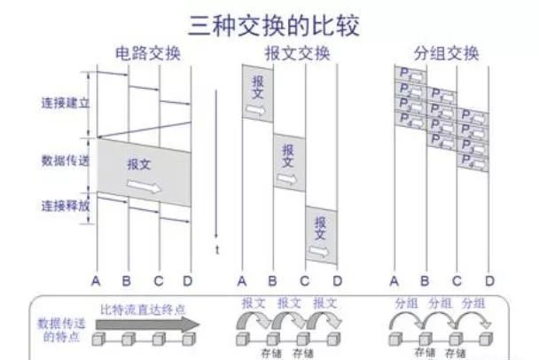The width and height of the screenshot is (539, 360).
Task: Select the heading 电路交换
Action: (x=148, y=53)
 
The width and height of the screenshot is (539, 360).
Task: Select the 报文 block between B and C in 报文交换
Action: (x=288, y=160)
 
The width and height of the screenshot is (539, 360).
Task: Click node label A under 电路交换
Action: (x=97, y=280)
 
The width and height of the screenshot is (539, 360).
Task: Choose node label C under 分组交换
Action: (x=457, y=280)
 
